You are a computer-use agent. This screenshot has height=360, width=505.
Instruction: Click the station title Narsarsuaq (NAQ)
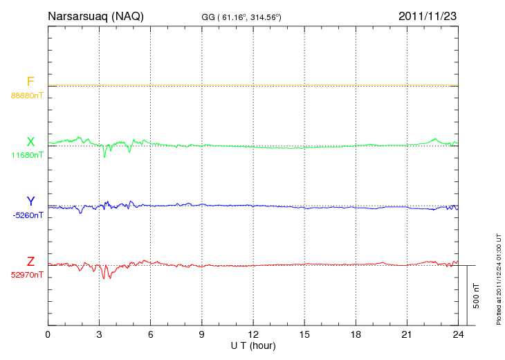tap(96, 15)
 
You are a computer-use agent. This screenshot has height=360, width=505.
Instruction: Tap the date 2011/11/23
tap(428, 15)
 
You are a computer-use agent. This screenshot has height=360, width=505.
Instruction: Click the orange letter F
tap(30, 82)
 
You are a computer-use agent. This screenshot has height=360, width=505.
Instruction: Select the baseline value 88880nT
tap(27, 95)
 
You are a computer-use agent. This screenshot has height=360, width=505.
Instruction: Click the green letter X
tap(30, 142)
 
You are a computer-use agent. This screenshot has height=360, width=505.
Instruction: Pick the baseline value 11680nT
tap(27, 155)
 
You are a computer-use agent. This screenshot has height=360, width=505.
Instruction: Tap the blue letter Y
tap(30, 201)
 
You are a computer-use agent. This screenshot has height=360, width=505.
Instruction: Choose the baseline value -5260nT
tap(28, 215)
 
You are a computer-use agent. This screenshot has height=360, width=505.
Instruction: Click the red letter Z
tap(30, 261)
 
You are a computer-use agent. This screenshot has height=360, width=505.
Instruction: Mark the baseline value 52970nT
tap(27, 275)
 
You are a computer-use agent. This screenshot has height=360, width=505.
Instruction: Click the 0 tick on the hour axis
tap(48, 334)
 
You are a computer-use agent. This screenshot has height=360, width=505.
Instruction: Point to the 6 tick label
tap(150, 334)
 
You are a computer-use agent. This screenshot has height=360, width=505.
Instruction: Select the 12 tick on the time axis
tap(252, 334)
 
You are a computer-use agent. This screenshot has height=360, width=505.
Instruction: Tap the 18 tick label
tap(355, 334)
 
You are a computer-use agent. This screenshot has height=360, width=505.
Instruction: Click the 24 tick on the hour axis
tap(457, 334)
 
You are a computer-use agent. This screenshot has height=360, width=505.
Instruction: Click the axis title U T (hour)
tap(252, 345)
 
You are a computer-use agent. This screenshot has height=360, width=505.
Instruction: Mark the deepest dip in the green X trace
tap(104, 156)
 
